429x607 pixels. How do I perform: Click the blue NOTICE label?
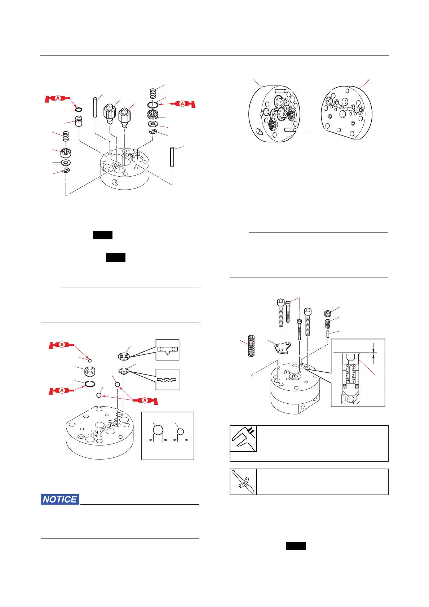tap(60, 499)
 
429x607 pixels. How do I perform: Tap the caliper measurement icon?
tap(243, 439)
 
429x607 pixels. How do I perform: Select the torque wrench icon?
tap(243, 482)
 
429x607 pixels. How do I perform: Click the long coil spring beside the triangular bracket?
tap(251, 346)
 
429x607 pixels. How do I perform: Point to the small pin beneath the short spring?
tap(328, 334)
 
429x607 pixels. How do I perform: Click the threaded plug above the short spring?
tap(328, 313)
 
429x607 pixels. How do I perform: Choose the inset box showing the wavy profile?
tap(167, 379)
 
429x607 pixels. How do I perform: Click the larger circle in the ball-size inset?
tap(158, 430)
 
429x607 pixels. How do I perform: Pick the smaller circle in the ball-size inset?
tap(181, 432)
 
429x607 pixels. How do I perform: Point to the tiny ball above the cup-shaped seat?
tap(90, 360)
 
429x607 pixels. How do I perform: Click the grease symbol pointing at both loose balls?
tap(145, 400)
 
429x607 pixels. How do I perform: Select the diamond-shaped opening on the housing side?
tap(115, 182)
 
